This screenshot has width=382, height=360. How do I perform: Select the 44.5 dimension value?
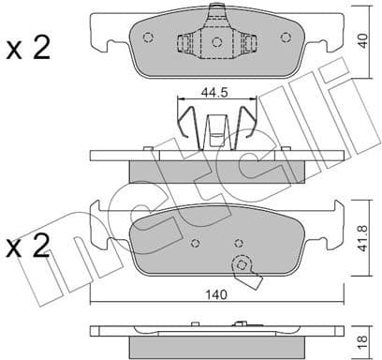(216, 93)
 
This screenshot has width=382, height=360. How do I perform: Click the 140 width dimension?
(216, 292)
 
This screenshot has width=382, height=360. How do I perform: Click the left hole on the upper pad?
(148, 37)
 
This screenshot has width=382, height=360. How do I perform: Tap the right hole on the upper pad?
(285, 37)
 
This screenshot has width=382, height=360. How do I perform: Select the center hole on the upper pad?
(216, 42)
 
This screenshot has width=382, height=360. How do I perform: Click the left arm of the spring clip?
(186, 122)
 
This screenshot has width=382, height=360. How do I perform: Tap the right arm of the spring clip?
(247, 122)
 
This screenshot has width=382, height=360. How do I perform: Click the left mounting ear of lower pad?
(98, 220)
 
